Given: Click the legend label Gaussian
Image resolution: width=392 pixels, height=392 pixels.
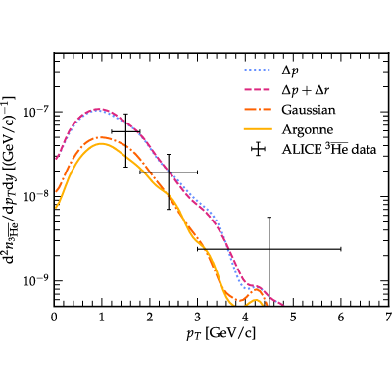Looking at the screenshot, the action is point(309,110).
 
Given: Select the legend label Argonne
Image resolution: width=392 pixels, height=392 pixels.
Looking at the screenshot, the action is point(308,129).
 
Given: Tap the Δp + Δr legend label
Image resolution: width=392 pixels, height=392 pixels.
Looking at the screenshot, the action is point(305,90).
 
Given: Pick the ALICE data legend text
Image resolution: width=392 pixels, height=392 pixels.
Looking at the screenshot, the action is point(329,149).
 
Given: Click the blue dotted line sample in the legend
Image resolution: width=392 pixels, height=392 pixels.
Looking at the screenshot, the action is point(258,70).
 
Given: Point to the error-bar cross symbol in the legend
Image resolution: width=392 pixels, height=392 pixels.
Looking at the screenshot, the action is point(258,149).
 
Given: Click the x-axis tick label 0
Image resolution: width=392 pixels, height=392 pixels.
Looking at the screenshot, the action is point(54,318).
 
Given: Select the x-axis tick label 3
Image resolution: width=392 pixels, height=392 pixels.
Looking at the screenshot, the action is point(198,318).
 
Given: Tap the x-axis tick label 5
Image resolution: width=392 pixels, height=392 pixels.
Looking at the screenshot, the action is point(293,318).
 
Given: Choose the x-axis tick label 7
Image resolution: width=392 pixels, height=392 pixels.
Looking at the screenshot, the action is point(388,318).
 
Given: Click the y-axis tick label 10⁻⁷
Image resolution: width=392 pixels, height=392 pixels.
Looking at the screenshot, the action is point(35,111).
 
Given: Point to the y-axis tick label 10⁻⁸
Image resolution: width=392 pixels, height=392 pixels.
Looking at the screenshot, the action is point(35,196).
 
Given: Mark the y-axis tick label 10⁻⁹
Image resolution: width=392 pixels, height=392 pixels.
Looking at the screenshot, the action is point(35,280).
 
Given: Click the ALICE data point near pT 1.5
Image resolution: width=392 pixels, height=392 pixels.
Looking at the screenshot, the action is point(125,131).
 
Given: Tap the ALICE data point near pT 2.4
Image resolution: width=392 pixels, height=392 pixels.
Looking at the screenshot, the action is point(169,171).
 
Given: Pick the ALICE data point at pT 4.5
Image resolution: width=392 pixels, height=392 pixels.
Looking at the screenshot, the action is point(269,249).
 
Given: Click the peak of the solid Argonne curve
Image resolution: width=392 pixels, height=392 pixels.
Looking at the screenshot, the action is point(102,144).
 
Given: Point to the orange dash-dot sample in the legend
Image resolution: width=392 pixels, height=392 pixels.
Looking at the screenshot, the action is point(258,110).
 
